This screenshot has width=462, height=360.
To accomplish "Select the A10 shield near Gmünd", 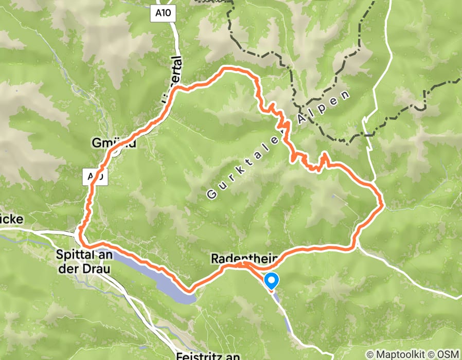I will coord(96,177).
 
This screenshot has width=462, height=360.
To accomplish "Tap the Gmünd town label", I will coord(115,144).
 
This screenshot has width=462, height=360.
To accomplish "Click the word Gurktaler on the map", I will coord(244,165).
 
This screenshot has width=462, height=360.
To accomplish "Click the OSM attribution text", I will coord(448,354).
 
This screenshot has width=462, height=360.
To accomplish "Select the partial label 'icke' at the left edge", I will coord(11,219).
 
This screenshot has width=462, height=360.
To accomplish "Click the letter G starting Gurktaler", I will coord(211,194).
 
